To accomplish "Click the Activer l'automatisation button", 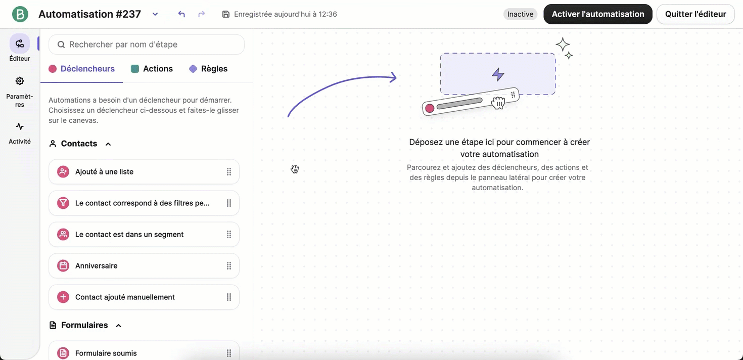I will tap(597, 14).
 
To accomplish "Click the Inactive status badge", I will tap(520, 14).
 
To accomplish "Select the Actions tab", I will tap(152, 69).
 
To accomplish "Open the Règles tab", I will tap(208, 69).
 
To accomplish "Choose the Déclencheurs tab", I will tap(82, 69).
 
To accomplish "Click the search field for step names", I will tap(147, 44).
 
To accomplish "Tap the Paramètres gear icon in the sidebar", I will tap(20, 81).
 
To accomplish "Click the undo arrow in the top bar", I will tap(181, 14).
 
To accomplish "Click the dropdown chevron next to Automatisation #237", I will tap(155, 14).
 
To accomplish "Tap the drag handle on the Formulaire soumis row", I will tap(229, 353).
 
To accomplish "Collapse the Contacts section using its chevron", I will tap(108, 144).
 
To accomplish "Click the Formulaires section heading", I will tap(84, 325).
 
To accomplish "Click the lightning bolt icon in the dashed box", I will tap(498, 75).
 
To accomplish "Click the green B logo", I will tap(20, 14).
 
